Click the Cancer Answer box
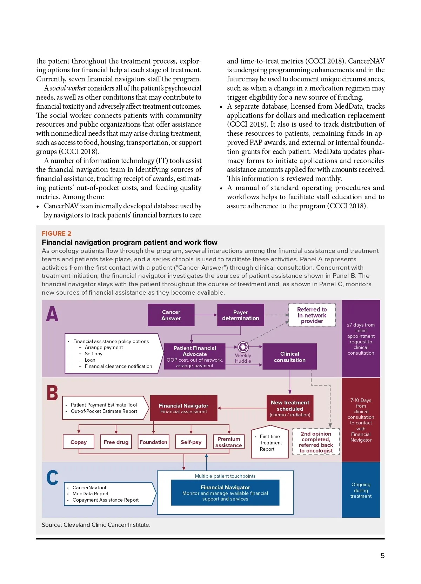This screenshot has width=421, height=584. pos(171,315)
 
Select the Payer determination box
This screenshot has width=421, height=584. pos(240,315)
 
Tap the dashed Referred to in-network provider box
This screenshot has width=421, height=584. pos(312,315)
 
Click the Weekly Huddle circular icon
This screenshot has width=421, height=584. pos(243,347)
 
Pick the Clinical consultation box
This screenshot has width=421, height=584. pos(289,356)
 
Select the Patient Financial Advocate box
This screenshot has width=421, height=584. pos(195,356)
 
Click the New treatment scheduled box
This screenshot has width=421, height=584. pos(290,408)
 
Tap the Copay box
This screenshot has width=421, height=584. pos(79,442)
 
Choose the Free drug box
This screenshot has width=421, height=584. pos(116,442)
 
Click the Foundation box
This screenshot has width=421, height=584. pos(153,442)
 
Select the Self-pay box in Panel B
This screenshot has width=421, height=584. pos(191,442)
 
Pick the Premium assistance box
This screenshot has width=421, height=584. pos(229,442)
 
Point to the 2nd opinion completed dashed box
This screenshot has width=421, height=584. pos(316,442)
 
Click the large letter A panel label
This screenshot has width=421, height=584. pos(52,314)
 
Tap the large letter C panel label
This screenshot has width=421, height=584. pos(52,478)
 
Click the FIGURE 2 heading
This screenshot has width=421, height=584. pos(56,234)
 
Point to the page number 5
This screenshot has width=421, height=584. pos(382,556)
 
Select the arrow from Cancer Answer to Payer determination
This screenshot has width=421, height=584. pos(206,315)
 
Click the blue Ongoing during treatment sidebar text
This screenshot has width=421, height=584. pos(361,490)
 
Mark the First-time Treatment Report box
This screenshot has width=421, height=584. pos(269,443)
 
